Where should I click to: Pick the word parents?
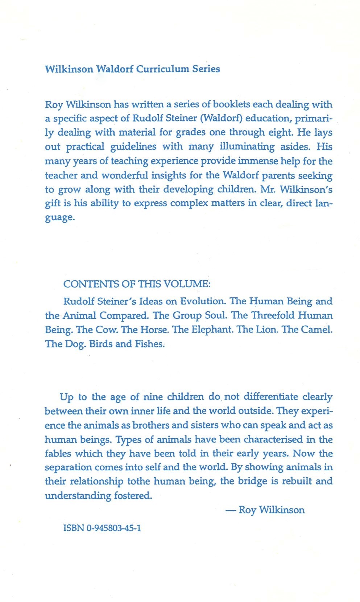pyautogui.click(x=278, y=176)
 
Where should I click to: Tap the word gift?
pyautogui.click(x=53, y=204)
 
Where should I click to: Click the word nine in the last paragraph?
pyautogui.click(x=153, y=397)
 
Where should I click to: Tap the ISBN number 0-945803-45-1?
pyautogui.click(x=114, y=528)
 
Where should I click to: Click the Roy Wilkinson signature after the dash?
pyautogui.click(x=272, y=510)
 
